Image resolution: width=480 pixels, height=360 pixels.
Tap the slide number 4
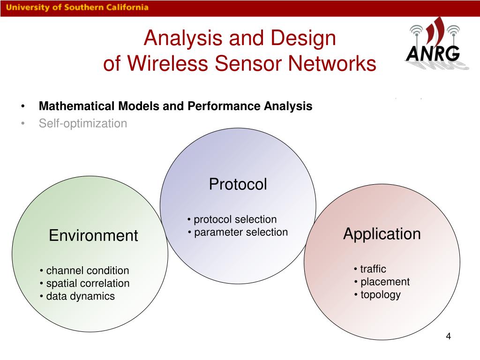point(448,337)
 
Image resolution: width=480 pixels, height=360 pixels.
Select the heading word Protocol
point(238,184)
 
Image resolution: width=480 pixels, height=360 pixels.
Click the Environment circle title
point(93,235)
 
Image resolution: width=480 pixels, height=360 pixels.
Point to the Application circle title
point(382,233)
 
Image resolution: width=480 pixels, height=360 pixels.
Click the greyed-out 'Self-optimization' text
point(83,123)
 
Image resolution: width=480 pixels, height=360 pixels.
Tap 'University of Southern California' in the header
point(77,7)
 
